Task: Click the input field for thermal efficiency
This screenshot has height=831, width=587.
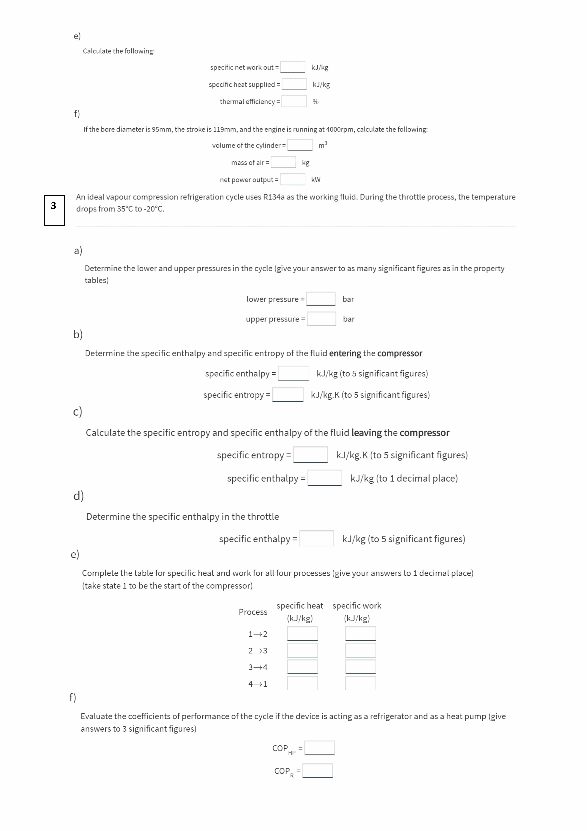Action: (294, 101)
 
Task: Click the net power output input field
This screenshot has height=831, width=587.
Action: (293, 180)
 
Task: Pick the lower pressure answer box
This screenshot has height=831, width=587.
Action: (320, 299)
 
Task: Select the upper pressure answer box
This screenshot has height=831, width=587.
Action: (321, 319)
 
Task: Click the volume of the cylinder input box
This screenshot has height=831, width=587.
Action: (300, 145)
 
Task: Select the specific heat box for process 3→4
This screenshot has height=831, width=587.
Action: (302, 667)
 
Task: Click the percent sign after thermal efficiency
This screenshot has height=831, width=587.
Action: (315, 102)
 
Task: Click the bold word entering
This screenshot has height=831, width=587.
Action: (345, 353)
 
